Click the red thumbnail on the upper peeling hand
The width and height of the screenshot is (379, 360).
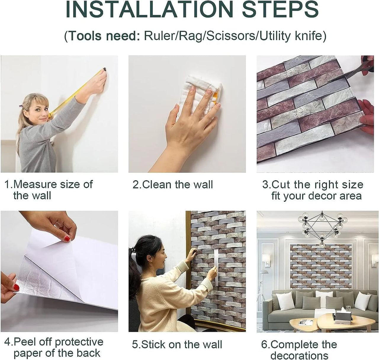pos(67,239)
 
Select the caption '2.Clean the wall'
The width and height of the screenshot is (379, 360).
pos(173,185)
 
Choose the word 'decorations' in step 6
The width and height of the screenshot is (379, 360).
pos(299,355)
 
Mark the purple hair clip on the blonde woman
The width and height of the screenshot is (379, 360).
pos(20,106)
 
